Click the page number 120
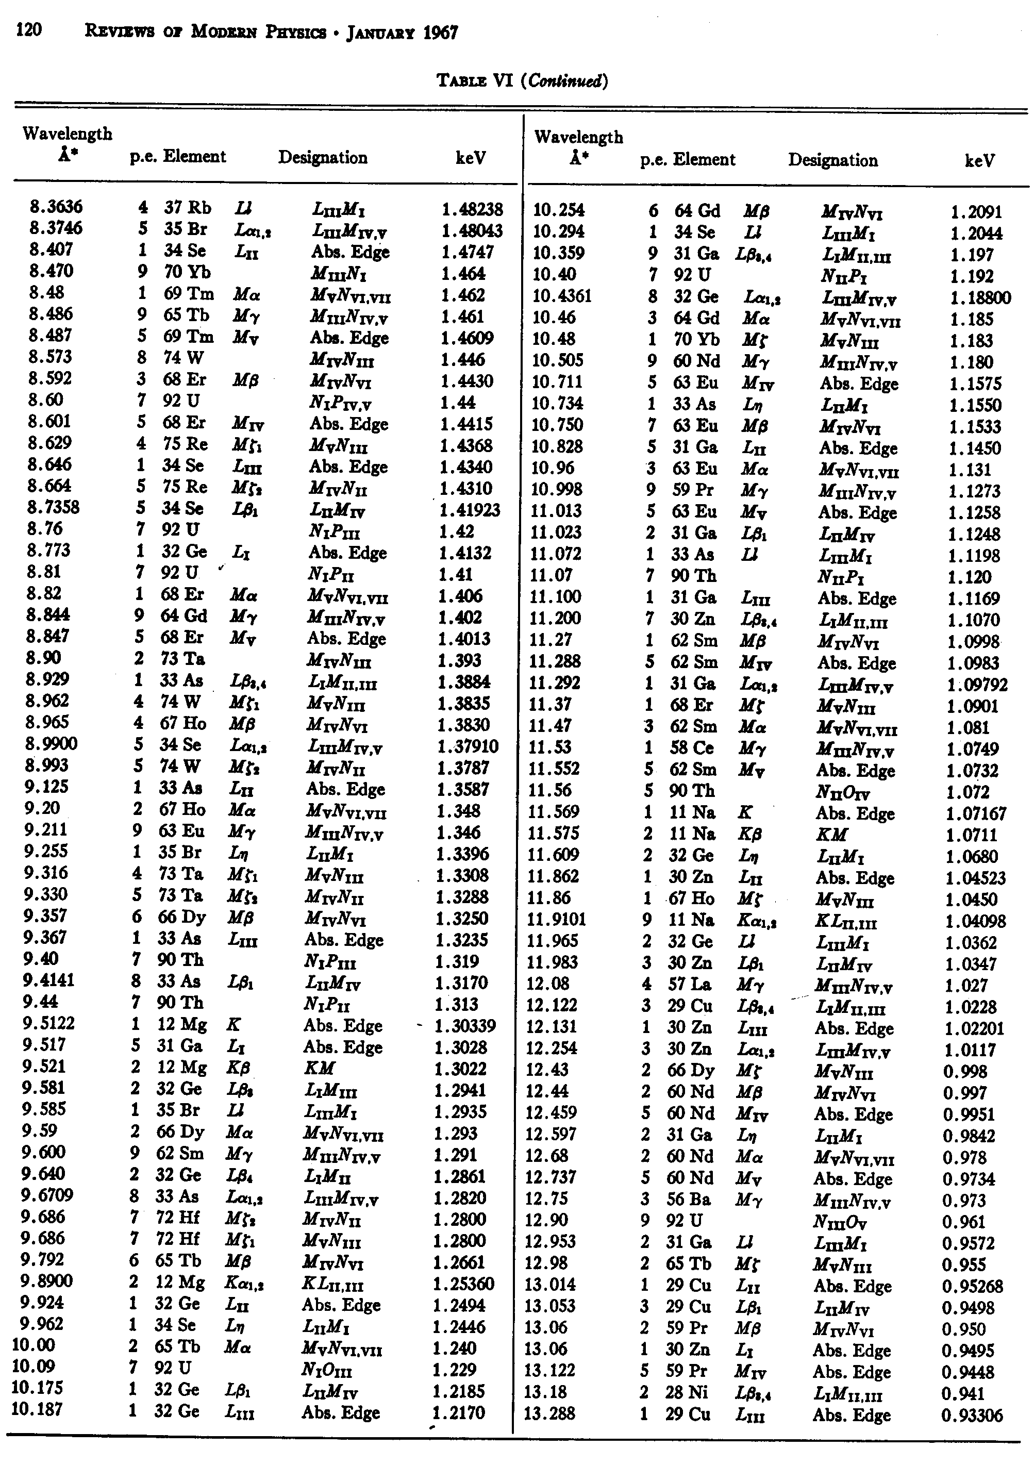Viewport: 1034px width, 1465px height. click(29, 30)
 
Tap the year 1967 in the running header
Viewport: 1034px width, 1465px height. click(440, 33)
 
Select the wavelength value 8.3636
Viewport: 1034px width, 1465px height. click(56, 207)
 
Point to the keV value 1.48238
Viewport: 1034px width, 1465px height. click(472, 209)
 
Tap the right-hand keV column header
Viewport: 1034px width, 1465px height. click(980, 161)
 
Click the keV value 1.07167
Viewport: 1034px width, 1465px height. click(975, 813)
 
